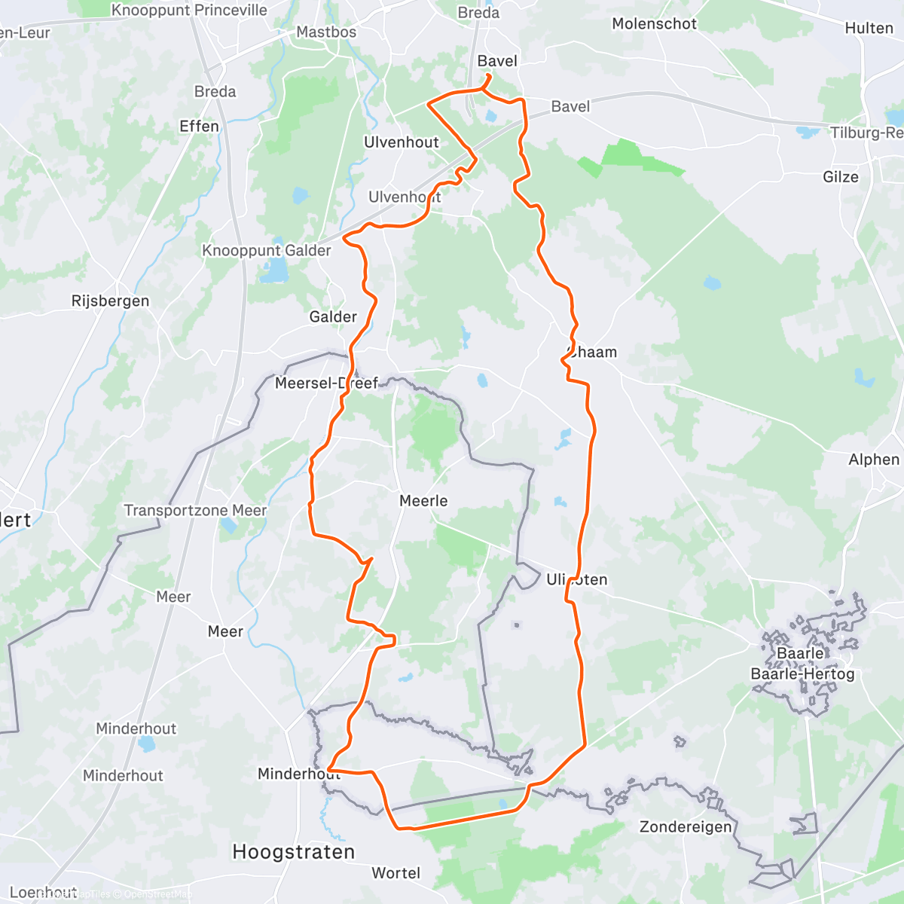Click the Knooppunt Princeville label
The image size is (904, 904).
click(189, 11)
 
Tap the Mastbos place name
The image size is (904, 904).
click(326, 32)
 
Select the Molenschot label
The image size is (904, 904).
click(654, 23)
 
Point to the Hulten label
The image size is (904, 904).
click(869, 28)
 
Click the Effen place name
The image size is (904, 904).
click(199, 126)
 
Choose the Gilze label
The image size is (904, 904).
click(840, 177)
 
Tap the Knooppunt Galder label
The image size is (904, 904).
click(266, 250)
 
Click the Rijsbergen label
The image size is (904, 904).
click(110, 301)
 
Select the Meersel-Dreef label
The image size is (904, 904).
click(326, 383)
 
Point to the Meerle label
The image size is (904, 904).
click(423, 501)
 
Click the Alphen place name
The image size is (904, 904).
click(874, 460)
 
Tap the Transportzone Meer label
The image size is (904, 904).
click(195, 511)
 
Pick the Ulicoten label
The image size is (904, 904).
click(576, 579)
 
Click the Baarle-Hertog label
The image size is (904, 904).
click(802, 673)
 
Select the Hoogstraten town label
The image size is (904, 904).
click(293, 852)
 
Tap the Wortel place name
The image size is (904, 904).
click(395, 873)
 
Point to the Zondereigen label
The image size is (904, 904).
click(685, 827)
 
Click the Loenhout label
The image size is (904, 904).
click(43, 893)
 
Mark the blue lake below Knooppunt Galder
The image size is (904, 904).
click(273, 270)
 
